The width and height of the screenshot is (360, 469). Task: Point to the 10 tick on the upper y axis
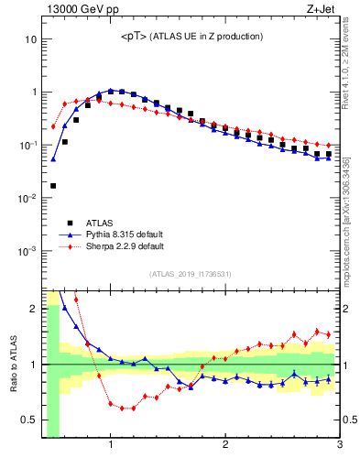click(29, 39)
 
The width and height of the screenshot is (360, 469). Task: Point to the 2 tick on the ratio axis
click(32, 309)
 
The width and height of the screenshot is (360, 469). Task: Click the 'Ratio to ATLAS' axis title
click(13, 364)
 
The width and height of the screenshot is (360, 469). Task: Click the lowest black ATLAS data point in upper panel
click(53, 186)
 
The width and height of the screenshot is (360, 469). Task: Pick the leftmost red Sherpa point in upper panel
click(53, 126)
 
